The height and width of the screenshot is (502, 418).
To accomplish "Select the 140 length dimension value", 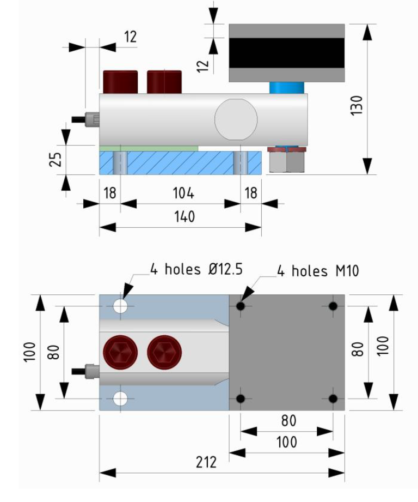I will point(185,217).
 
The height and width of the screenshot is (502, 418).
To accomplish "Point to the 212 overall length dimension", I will point(206,463).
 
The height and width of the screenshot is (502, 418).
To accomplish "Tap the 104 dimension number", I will point(183,192).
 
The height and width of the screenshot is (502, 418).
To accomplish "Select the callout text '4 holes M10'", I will point(318,270).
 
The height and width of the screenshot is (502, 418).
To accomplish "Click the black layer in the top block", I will point(286,53).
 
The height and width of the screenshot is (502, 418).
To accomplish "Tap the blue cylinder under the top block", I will point(286,87).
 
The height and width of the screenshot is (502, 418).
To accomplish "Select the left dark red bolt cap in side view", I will point(120,82).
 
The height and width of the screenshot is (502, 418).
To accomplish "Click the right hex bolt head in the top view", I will point(165,352).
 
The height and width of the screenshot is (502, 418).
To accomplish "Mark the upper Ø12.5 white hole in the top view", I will point(120,306).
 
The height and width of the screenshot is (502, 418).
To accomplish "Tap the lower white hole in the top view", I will point(120,399).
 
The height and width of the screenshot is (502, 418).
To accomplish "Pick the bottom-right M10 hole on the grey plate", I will point(333,399).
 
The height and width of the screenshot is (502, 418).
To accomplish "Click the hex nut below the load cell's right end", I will point(286,160).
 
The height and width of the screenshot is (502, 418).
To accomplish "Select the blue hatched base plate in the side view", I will point(180,162).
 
